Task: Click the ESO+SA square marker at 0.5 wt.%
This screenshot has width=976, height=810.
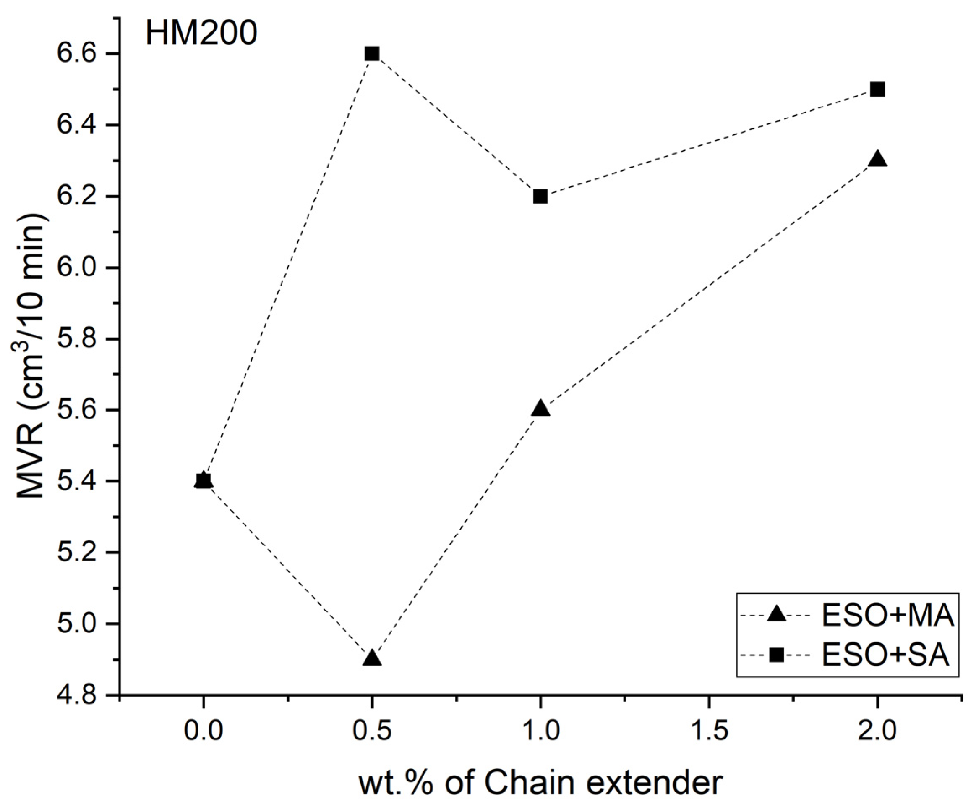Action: pos(371,54)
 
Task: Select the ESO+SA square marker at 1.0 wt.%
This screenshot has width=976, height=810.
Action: pos(540,196)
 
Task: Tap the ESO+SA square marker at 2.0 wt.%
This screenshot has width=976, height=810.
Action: pos(877,89)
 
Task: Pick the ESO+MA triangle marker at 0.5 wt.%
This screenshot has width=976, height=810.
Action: pos(371,658)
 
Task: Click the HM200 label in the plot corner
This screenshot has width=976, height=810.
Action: pos(201,34)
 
